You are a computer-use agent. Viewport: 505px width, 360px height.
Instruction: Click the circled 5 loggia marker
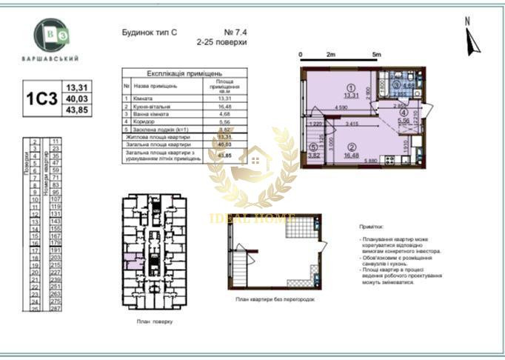pos(314,147)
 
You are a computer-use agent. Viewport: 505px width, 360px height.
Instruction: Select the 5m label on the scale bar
pos(376,55)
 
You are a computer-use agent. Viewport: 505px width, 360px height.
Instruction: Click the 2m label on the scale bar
pos(331,55)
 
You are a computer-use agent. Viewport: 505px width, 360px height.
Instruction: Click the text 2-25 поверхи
pos(221,43)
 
